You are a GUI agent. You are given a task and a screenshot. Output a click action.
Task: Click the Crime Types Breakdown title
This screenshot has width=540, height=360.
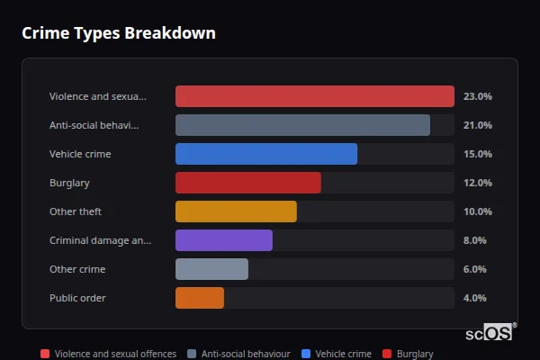coord(118,33)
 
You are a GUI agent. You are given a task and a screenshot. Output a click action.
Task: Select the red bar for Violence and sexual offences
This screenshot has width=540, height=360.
coord(314,96)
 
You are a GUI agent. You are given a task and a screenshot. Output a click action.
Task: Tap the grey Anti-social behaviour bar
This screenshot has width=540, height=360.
coord(302,125)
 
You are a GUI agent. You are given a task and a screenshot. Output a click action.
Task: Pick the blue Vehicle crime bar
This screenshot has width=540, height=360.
coord(266,154)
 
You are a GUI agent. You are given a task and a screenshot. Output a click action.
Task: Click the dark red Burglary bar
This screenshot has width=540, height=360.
coord(247,183)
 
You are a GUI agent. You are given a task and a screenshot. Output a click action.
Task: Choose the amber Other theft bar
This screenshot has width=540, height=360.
coord(236,211)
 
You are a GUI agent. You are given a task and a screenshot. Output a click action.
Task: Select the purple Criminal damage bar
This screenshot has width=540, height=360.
coord(223,240)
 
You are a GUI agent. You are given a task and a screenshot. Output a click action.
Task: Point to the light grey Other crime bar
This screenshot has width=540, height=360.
coord(211,269)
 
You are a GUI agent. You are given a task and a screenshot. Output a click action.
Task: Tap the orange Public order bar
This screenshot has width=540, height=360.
coord(200,298)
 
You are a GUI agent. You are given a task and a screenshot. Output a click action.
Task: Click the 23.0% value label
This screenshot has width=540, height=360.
coord(477,96)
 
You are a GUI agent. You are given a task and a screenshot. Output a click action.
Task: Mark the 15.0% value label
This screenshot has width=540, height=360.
coord(477,154)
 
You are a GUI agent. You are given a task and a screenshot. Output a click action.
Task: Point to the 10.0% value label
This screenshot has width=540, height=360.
coord(477,211)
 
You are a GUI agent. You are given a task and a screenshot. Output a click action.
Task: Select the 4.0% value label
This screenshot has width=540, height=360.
coord(474,298)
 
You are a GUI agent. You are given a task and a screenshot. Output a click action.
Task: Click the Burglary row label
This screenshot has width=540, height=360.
coord(69,183)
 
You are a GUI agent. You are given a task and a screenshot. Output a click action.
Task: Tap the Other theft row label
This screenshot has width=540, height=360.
coord(76,211)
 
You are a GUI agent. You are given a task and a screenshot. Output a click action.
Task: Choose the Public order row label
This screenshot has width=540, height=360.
coord(77,298)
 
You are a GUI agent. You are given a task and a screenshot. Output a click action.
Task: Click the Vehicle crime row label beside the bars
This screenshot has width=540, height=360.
coord(80,154)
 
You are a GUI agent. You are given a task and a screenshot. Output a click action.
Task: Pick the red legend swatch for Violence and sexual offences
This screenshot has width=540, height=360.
coord(45,354)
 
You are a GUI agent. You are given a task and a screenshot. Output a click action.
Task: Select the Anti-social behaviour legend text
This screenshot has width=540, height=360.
coord(245,354)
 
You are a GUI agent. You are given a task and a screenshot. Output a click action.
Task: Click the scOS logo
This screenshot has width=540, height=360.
coord(490,332)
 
